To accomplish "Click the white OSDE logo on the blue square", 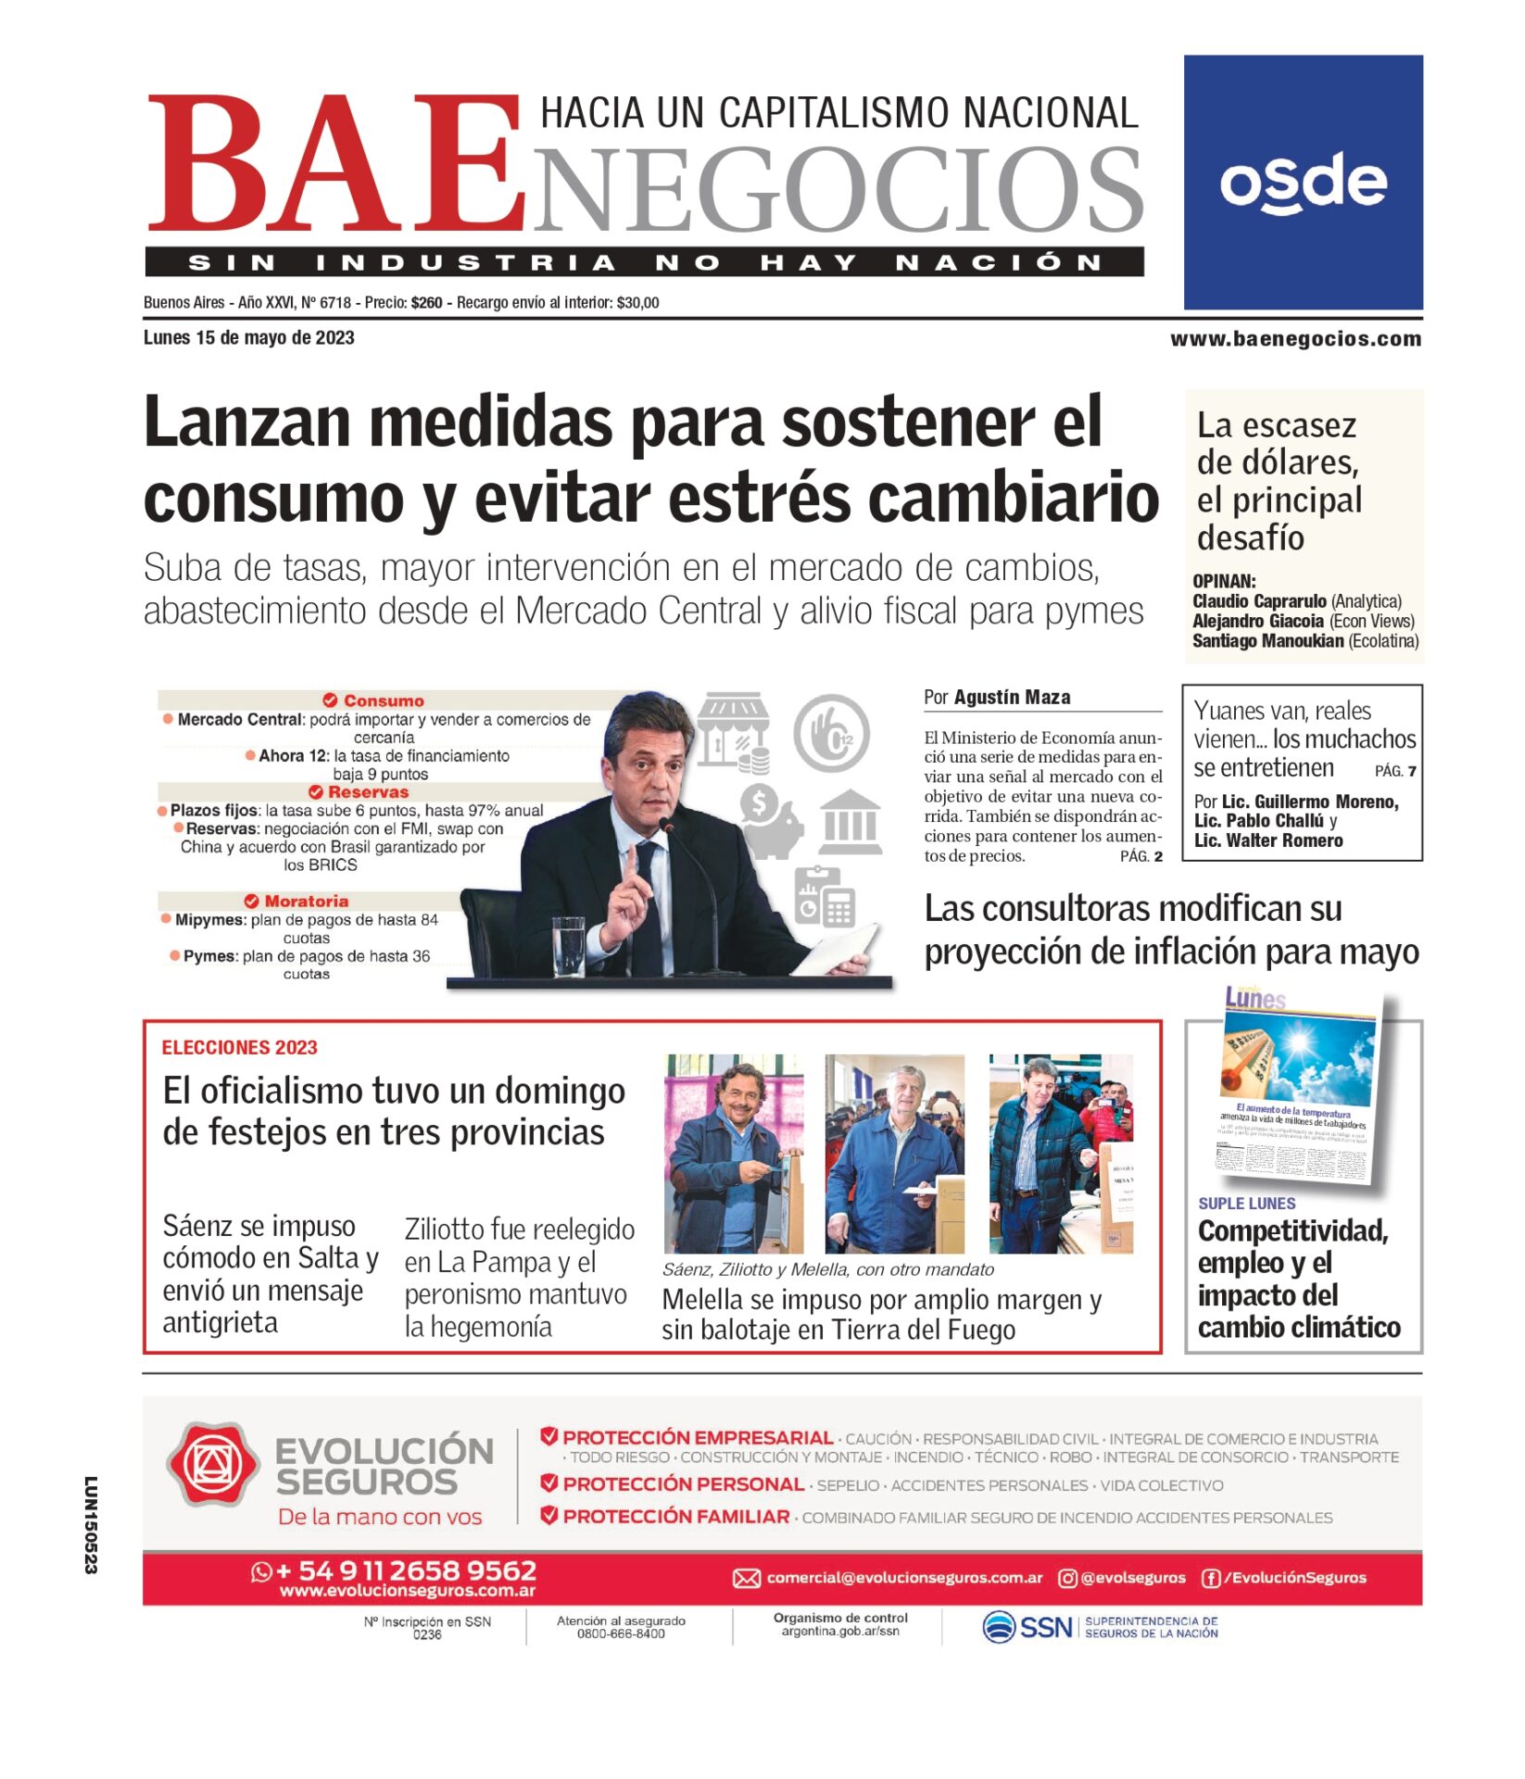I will pos(1303,183).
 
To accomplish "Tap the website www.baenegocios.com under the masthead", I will pos(1295,339).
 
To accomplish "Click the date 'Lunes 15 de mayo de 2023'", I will pos(248,338).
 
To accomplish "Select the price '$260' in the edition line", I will pos(427,303).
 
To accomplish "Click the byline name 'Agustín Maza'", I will pos(1012,698).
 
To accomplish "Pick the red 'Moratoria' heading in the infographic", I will pos(306,901).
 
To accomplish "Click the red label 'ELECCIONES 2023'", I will pos(239,1048).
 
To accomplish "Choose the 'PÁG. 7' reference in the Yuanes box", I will pos(1395,771).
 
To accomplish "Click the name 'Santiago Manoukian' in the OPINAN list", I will pos(1267,641).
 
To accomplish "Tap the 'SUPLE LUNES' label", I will pos(1246,1204).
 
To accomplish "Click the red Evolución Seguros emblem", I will pos(212,1465).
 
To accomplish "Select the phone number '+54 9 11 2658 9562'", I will pos(406,1571).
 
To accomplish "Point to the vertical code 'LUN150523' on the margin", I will pos(91,1525).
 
